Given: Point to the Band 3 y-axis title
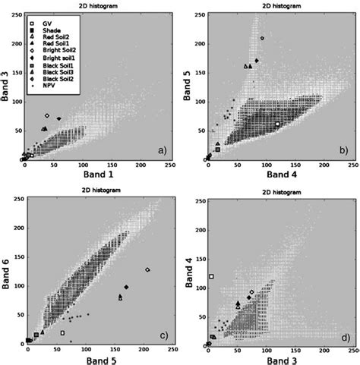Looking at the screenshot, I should pos(7,84).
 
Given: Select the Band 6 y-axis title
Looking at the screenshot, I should pos(7,269).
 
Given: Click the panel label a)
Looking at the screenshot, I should pos(162,149).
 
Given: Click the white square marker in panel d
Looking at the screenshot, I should pos(212,276).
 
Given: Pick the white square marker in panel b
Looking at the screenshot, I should pos(277,124).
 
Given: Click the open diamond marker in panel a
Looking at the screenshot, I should pos(47,115).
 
